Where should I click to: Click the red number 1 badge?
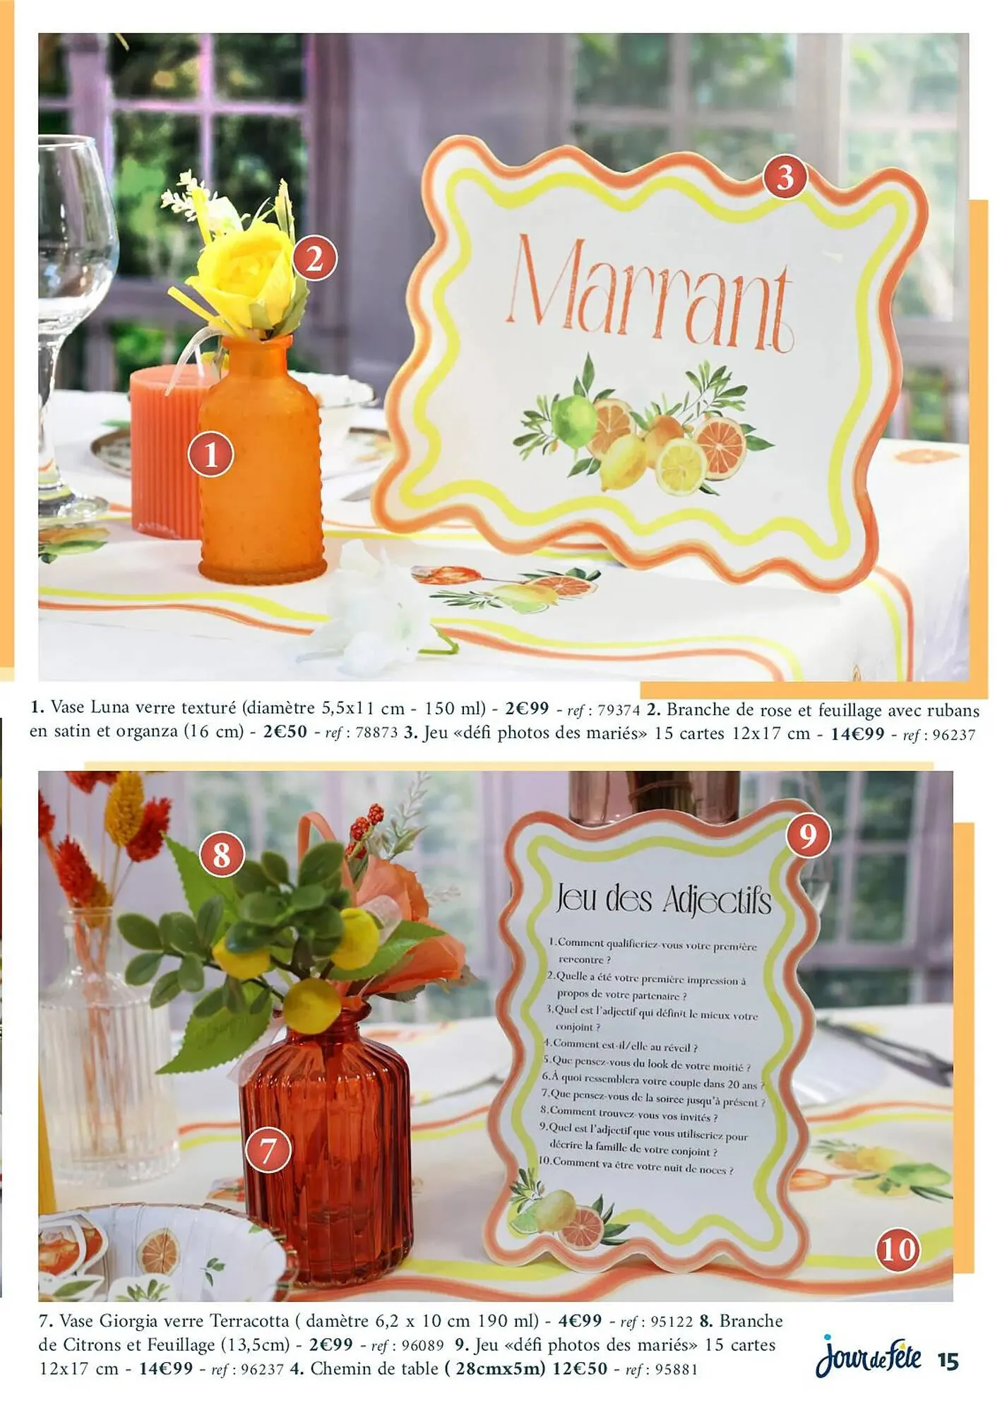pos(211,454)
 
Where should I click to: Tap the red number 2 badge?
pos(315,257)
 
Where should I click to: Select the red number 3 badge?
pos(786,177)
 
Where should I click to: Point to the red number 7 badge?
pos(268,1150)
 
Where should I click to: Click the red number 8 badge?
pos(222,854)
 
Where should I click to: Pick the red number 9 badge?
pos(808,835)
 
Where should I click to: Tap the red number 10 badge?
pos(898,1250)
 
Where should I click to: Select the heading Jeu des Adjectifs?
pos(662,899)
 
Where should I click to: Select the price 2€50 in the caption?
pos(285,731)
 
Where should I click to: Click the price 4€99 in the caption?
pos(580,1320)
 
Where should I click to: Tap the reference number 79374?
pos(619,710)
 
